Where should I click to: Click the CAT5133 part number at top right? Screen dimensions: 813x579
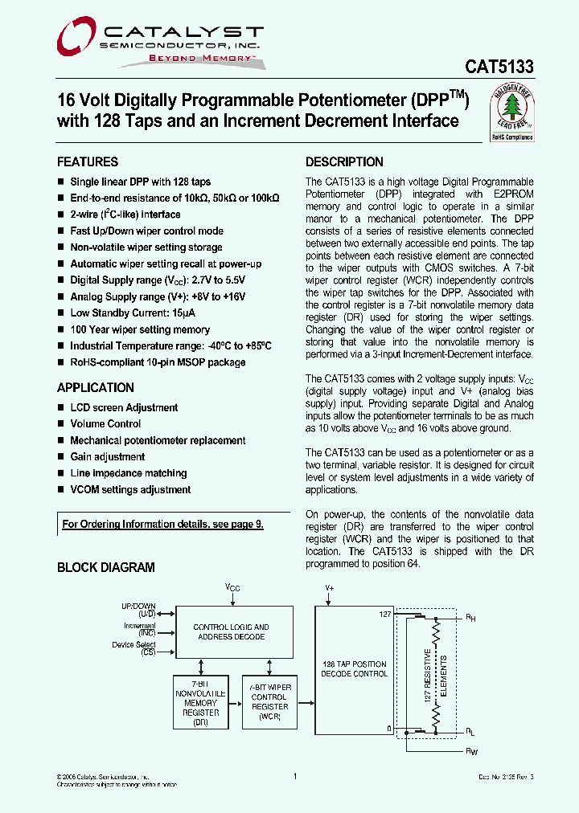[499, 68]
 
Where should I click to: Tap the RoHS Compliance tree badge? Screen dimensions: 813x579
[511, 115]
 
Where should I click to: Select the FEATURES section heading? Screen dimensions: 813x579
[88, 161]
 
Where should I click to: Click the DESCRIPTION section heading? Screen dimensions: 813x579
[344, 161]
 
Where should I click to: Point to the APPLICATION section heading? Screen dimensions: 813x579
[95, 387]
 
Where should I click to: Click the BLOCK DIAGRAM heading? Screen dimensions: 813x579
[105, 567]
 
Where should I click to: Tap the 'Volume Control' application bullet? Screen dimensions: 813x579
[105, 424]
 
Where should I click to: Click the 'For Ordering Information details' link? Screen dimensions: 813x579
[162, 525]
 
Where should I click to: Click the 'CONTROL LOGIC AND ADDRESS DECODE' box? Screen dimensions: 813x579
[232, 632]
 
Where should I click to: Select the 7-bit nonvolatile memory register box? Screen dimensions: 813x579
[200, 702]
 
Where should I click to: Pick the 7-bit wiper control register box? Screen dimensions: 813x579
[269, 702]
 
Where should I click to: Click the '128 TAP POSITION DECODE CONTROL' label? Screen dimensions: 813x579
[354, 668]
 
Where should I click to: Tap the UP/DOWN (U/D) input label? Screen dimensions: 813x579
[138, 610]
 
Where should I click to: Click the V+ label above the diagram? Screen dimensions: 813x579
[329, 588]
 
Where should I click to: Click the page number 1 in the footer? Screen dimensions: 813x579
[295, 776]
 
